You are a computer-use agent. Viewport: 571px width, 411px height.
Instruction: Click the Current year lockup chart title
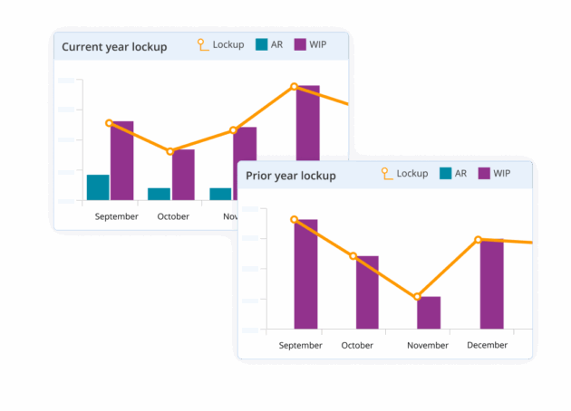click(x=114, y=46)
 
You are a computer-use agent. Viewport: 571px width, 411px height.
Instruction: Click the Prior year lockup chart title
click(x=290, y=175)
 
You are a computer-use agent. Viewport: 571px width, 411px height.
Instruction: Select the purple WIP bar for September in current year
click(x=122, y=160)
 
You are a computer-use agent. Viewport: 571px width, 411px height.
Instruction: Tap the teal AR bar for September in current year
click(x=98, y=187)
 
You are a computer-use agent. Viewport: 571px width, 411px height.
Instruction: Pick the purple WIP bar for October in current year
click(x=183, y=175)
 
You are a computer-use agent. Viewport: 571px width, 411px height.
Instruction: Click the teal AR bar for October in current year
click(x=159, y=194)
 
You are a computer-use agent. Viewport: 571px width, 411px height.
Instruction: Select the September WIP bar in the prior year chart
click(x=305, y=273)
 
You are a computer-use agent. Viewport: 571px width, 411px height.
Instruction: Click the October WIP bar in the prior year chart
click(x=367, y=292)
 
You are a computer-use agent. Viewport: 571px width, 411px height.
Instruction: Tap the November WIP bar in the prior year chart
click(x=429, y=312)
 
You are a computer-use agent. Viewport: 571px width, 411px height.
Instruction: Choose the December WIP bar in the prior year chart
click(x=491, y=283)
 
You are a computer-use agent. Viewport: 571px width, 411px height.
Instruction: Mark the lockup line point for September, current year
click(x=109, y=123)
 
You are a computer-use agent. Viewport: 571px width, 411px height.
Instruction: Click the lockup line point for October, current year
click(x=170, y=151)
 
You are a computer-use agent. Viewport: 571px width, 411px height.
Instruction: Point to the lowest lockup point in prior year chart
click(x=417, y=297)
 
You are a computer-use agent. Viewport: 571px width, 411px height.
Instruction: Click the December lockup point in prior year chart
click(x=479, y=240)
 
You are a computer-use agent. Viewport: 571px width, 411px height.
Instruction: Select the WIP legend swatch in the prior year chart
click(x=484, y=174)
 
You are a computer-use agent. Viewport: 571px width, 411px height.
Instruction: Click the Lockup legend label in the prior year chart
click(x=412, y=173)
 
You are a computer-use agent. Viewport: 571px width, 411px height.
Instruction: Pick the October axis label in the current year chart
click(x=173, y=216)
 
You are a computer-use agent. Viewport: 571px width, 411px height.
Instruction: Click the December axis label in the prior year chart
click(x=487, y=345)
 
